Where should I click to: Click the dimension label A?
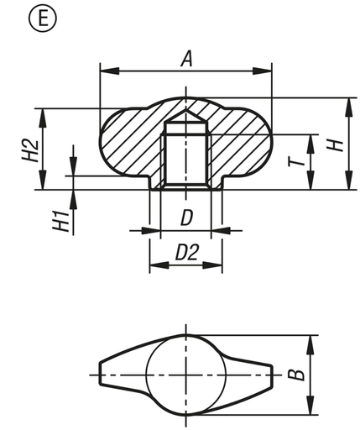point(186,58)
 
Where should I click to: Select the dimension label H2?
point(29,149)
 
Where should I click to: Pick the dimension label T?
point(295,161)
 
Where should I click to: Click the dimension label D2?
point(185,252)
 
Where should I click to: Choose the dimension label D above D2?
point(186,218)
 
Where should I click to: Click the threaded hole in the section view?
point(185,160)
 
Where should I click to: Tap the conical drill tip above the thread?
point(185,114)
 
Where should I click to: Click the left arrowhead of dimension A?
point(104,71)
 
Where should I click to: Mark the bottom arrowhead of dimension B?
point(313,409)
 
